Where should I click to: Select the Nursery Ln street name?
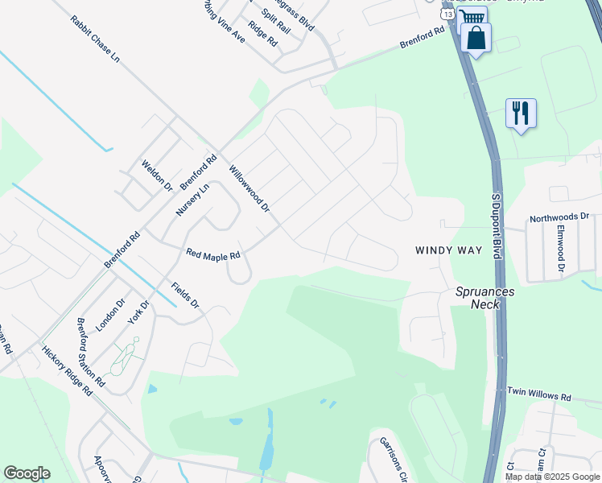pyautogui.click(x=192, y=200)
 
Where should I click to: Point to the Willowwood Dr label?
pyautogui.click(x=249, y=189)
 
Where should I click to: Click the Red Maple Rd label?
pyautogui.click(x=213, y=254)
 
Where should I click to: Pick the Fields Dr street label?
pyautogui.click(x=184, y=295)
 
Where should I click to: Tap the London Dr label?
pyautogui.click(x=111, y=316)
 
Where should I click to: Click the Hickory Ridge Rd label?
pyautogui.click(x=67, y=371)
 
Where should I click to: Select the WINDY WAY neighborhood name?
pyautogui.click(x=448, y=250)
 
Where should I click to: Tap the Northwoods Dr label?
pyautogui.click(x=559, y=218)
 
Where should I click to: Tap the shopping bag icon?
pyautogui.click(x=476, y=38)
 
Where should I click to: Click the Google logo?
pyautogui.click(x=27, y=473)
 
